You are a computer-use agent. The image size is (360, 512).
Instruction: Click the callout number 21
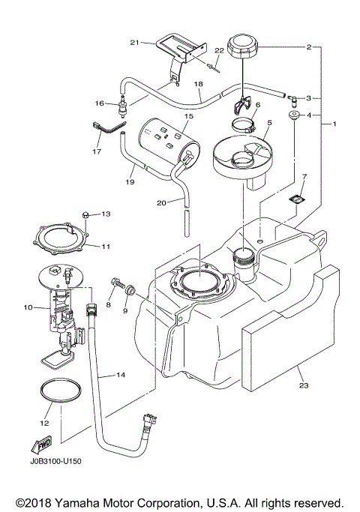[134, 43]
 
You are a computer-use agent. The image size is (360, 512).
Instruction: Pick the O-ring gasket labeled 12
[59, 394]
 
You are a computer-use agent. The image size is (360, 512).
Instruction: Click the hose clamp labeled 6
[245, 124]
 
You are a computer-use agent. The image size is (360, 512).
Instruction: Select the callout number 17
[97, 151]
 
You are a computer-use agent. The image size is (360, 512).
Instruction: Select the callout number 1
[336, 123]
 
